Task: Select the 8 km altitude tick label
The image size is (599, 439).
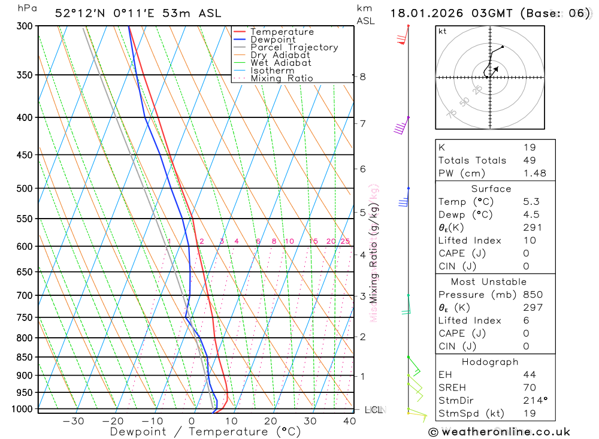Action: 363,77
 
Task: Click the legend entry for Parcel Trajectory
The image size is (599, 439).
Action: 294,47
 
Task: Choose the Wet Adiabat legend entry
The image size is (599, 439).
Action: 281,63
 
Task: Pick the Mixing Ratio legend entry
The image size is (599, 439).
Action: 282,78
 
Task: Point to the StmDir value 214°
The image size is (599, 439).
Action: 534,401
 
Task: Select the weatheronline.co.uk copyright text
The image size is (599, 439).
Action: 499,432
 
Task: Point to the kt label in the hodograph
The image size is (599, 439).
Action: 443,31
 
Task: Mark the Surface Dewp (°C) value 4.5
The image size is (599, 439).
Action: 531,214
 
